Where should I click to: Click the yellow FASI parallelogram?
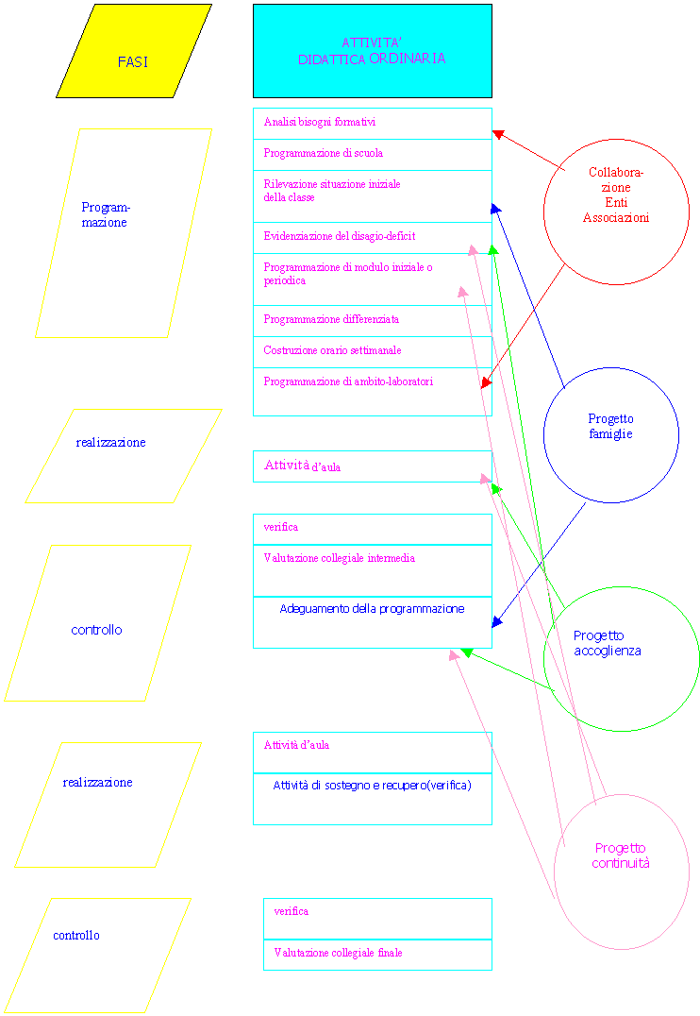(x=134, y=51)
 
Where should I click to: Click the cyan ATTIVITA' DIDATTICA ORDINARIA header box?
(x=373, y=51)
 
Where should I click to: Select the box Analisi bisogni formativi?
(x=373, y=123)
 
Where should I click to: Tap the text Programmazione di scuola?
(x=324, y=153)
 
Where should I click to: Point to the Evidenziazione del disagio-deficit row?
(x=373, y=238)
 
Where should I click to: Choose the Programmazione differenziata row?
(x=373, y=321)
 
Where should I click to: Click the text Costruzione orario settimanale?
(x=332, y=350)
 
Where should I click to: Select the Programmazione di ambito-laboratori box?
(x=373, y=391)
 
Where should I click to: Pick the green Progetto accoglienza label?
(x=608, y=643)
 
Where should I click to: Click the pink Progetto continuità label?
(x=621, y=855)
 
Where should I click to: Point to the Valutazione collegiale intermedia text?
(x=340, y=558)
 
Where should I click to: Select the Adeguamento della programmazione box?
(x=373, y=622)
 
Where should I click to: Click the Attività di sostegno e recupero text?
(x=372, y=786)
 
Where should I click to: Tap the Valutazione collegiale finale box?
(x=377, y=955)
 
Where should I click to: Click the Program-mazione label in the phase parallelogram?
(x=106, y=214)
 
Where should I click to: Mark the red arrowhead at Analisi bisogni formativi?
(x=497, y=134)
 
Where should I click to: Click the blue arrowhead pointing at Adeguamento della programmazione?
(x=496, y=621)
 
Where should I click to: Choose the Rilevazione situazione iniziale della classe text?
(x=331, y=191)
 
